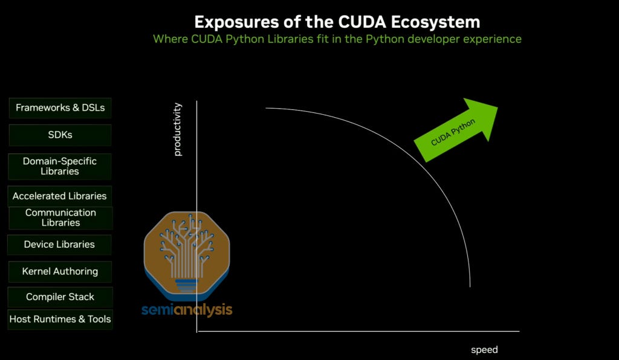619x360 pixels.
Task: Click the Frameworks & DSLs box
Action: [x=60, y=108]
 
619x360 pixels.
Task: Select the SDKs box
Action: [x=60, y=135]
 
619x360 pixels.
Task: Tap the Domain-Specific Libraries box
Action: [x=60, y=166]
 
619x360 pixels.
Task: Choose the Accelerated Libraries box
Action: [x=59, y=196]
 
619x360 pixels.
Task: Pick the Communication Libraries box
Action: [x=60, y=217]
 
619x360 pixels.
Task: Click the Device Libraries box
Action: [x=59, y=245]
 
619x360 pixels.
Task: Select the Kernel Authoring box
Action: [x=60, y=271]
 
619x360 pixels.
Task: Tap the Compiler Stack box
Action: [x=60, y=297]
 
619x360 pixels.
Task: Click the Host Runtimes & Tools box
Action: [x=60, y=319]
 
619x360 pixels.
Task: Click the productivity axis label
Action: [x=178, y=129]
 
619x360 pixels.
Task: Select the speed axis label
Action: [x=484, y=350]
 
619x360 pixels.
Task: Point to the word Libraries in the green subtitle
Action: [x=290, y=39]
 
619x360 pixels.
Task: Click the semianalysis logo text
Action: [x=187, y=310]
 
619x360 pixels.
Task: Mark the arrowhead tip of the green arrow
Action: [x=497, y=107]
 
